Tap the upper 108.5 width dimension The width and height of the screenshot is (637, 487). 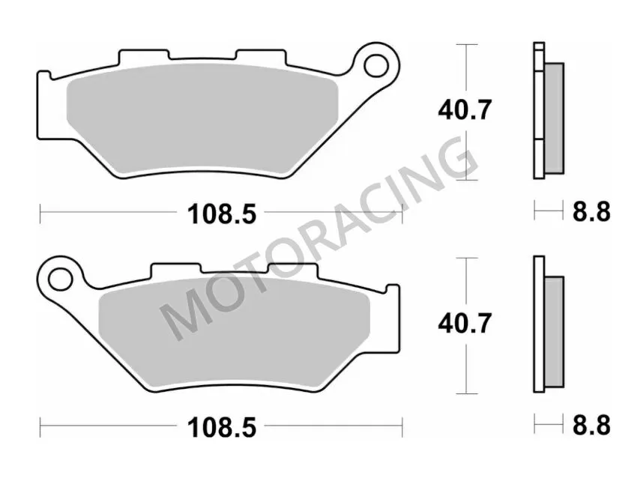(221, 215)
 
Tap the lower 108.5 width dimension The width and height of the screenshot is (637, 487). (221, 428)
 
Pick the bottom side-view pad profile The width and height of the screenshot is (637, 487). (547, 324)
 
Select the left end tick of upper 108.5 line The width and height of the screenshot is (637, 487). (40, 215)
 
